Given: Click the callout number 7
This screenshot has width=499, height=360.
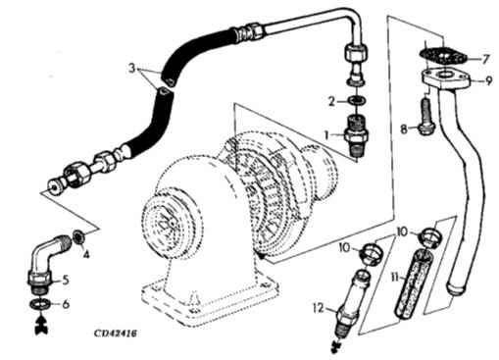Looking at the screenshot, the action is coord(485,60).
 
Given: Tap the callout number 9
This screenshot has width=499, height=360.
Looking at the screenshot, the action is coord(488,80).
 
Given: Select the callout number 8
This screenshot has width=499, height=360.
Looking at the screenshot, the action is coord(404,129).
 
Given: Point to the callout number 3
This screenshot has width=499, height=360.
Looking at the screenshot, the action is coord(131,69).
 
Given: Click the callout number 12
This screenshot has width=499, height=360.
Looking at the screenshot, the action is coord(319,308).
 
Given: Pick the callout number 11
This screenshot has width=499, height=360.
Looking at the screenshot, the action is coord(395,279).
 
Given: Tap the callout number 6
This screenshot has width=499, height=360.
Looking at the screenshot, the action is coord(66,304).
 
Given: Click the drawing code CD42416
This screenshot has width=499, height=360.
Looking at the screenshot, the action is coord(116,334).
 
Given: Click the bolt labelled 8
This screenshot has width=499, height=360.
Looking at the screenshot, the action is coord(424,118).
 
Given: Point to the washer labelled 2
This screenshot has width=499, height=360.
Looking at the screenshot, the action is coord(356,101).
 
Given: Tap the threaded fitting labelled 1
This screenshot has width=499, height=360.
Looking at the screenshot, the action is coord(357,135).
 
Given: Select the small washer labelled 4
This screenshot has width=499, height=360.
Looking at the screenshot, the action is coord(78,236).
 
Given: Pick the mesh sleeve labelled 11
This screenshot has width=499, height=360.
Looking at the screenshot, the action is coord(414,283).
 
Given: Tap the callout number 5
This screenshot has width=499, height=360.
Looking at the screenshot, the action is coord(66,280).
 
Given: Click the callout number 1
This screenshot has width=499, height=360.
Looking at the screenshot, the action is coord(326,134).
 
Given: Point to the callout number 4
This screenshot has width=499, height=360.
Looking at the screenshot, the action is coord(86,255).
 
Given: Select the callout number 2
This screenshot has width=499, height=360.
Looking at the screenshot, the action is coord(331,101).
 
